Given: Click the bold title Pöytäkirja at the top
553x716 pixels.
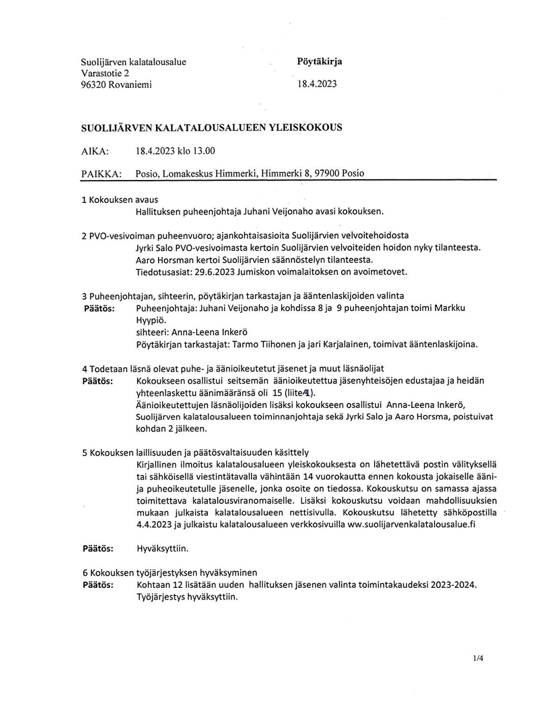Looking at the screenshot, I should point(319,62).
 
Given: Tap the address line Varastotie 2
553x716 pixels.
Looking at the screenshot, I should point(105,73).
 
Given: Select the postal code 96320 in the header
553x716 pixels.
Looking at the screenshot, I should point(94,85).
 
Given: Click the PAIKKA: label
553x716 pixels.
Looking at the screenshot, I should point(101,173).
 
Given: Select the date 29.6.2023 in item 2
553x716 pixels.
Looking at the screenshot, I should point(214,272).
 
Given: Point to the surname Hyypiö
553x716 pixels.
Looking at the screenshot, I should point(151,320).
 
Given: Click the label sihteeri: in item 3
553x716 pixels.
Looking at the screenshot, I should point(152,333).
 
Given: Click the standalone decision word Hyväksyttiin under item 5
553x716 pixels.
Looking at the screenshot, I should point(163,549).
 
